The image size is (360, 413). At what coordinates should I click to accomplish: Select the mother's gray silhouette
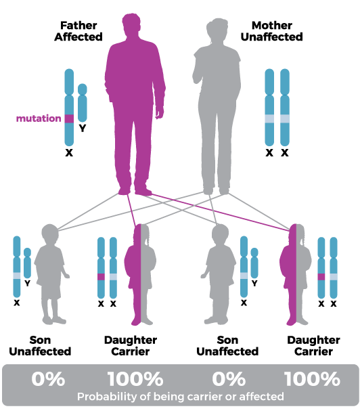[217, 106]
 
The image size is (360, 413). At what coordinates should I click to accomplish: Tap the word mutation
[39, 118]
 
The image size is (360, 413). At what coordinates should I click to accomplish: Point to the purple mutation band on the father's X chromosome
[69, 118]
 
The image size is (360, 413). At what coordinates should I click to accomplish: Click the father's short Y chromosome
[83, 103]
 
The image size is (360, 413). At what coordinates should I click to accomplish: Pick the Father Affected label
[78, 31]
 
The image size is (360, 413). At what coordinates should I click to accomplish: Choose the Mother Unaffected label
[272, 31]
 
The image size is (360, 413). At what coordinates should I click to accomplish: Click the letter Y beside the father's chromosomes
[83, 129]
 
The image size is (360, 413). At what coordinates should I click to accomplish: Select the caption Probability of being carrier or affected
[181, 397]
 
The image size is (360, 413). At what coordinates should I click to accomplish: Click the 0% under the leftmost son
[48, 379]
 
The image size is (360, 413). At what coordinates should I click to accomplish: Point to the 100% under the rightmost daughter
[313, 379]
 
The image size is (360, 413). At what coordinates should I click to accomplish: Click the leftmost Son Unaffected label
[40, 346]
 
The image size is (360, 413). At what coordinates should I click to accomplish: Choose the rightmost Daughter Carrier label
[313, 346]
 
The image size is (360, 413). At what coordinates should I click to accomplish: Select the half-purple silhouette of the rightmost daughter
[296, 274]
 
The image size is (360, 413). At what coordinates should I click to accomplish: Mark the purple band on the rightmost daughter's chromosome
[321, 277]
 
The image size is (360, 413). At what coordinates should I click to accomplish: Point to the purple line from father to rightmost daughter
[220, 213]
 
